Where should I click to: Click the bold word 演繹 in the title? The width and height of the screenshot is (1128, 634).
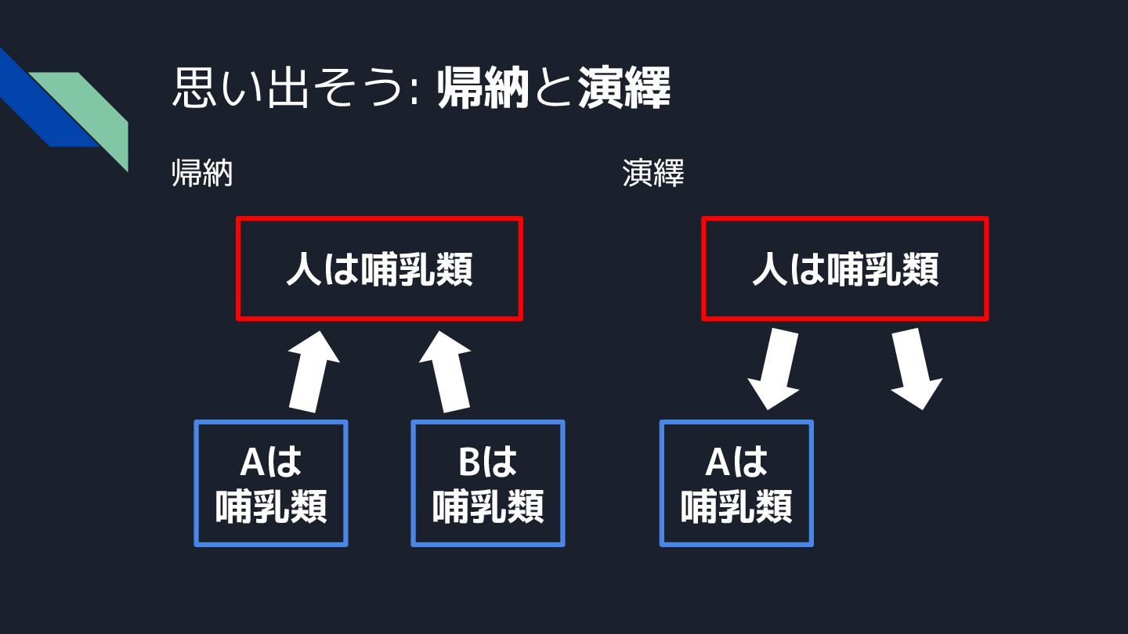tap(624, 89)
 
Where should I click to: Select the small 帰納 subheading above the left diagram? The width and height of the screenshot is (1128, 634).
tap(202, 174)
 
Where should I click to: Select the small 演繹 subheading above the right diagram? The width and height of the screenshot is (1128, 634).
tap(653, 174)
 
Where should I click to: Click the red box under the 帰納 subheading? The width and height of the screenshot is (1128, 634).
tap(379, 268)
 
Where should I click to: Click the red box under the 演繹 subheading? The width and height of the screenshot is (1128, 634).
tap(844, 268)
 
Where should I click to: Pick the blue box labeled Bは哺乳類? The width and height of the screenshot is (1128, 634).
tap(487, 483)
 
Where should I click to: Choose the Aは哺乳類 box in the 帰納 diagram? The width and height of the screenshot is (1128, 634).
tap(270, 483)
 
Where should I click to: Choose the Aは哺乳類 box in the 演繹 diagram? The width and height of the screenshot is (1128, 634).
tap(736, 483)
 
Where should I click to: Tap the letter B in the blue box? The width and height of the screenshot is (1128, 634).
tap(468, 463)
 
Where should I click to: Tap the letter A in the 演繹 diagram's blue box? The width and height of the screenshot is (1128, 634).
tap(718, 463)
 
